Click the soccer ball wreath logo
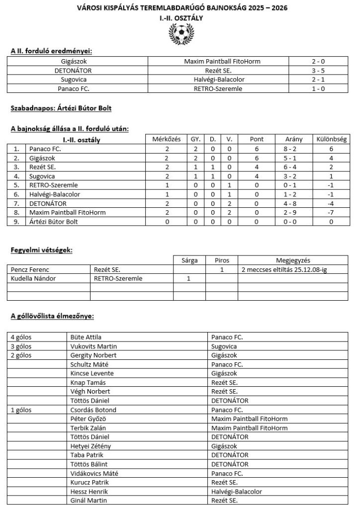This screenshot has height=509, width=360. pos(180,33)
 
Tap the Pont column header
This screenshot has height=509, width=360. pos(258,139)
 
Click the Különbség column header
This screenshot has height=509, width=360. pos(331,139)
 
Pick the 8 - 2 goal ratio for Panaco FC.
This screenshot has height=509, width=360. pos(293,149)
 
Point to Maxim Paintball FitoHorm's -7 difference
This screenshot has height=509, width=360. pos(331,212)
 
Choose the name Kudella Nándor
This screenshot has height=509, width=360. pos(32,278)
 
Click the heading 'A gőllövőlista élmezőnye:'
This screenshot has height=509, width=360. pos(52,316)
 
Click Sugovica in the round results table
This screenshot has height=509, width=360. pos(75,80)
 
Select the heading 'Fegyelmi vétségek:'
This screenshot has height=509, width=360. pos(41,250)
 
